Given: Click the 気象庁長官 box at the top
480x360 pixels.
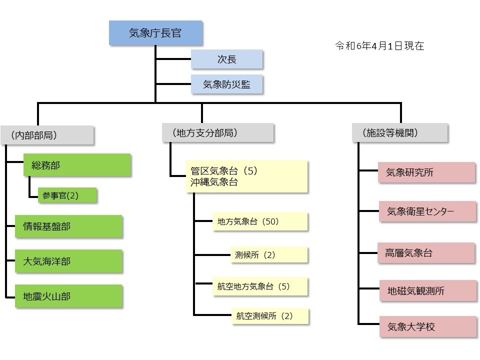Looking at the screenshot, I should (155, 33).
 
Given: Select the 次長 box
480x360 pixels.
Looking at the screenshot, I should (226, 59).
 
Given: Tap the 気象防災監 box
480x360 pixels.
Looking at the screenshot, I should (226, 84).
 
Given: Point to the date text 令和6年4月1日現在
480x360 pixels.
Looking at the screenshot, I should (379, 46).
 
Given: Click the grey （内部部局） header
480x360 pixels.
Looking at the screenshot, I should (47, 134).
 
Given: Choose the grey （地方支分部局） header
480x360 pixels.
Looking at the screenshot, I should (218, 133).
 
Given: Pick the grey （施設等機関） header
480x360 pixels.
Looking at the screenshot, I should (399, 133).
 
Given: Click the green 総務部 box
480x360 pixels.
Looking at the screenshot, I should (77, 165).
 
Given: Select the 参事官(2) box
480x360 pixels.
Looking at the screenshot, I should (67, 195).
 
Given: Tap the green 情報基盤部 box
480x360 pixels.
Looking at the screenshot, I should (68, 226).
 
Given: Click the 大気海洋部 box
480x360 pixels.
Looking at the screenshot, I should (68, 261).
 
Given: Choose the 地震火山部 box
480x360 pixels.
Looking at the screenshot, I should (68, 296).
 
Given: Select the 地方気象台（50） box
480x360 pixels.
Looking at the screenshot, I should (259, 221).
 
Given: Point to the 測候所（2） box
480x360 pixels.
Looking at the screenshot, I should (268, 254).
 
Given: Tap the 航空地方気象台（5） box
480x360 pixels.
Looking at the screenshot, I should (259, 286).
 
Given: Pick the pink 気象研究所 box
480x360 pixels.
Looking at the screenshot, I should (426, 172).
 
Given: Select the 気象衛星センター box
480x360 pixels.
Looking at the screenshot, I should (426, 211).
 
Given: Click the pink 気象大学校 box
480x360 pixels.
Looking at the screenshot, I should (426, 326).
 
